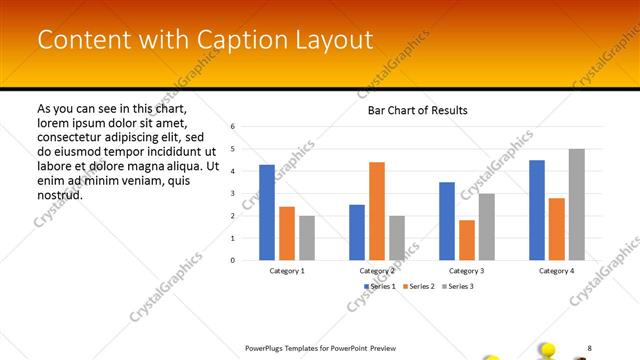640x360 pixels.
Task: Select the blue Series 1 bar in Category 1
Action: click(x=267, y=212)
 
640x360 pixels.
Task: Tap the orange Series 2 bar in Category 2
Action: click(x=377, y=211)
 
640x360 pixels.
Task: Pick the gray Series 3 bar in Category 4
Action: click(x=577, y=204)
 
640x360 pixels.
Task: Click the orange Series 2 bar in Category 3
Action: click(x=467, y=240)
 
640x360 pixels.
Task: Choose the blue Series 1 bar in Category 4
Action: click(x=537, y=210)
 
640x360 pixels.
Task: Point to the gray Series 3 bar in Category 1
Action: click(x=307, y=238)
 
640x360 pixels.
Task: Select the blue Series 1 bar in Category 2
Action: click(x=357, y=232)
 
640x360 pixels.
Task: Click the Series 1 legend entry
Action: click(x=378, y=287)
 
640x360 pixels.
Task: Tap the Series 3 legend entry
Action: click(x=455, y=287)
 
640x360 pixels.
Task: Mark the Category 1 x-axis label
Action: click(x=287, y=271)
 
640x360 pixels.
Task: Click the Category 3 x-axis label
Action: click(x=467, y=271)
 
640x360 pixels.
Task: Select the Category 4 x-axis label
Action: click(x=557, y=271)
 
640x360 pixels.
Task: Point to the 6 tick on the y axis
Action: click(x=232, y=127)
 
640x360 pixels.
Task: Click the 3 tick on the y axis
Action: click(x=232, y=194)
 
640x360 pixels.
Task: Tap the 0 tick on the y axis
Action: click(x=232, y=260)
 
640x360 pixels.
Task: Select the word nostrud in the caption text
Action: click(x=59, y=194)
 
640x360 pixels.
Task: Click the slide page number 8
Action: click(x=589, y=347)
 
